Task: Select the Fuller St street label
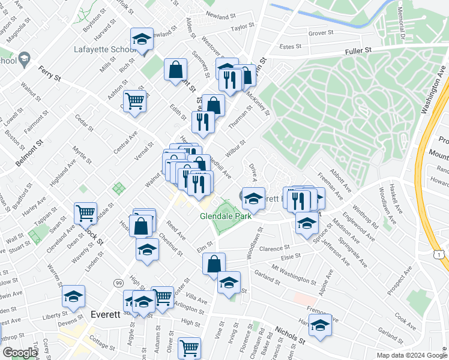tap(358, 52)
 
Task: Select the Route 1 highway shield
tap(441, 256)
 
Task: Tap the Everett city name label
tap(105, 314)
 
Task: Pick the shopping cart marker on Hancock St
tap(86, 212)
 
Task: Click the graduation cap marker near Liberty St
tap(73, 296)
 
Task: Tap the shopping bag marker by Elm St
tap(214, 263)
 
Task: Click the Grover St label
tap(320, 34)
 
